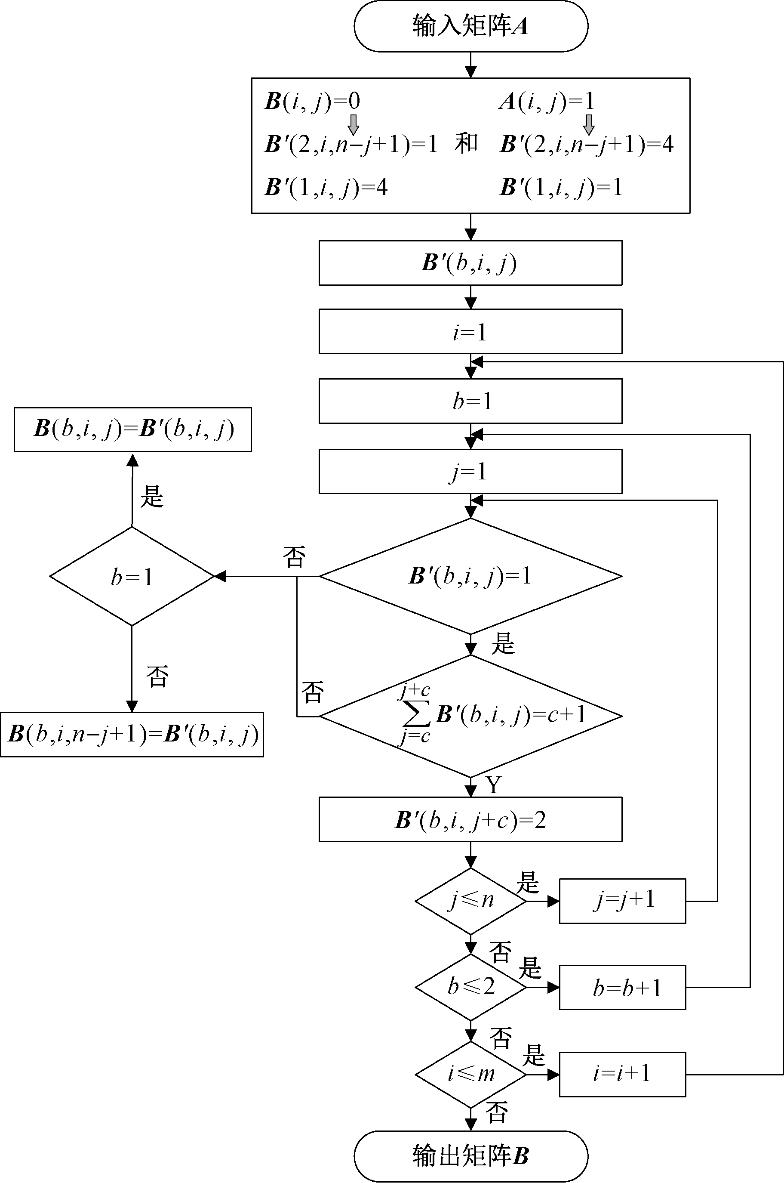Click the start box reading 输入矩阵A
point(470,26)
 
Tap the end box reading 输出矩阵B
point(470,1156)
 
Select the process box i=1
point(470,331)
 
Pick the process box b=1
point(470,401)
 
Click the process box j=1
point(470,471)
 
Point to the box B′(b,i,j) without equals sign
point(470,263)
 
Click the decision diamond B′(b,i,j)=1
point(470,576)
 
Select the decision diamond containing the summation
point(470,716)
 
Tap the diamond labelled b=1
point(132,576)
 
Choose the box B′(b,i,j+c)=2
point(470,819)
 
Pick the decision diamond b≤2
point(470,987)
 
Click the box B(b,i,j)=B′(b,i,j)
point(132,429)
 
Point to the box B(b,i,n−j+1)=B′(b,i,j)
point(132,734)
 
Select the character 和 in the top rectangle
point(466,144)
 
